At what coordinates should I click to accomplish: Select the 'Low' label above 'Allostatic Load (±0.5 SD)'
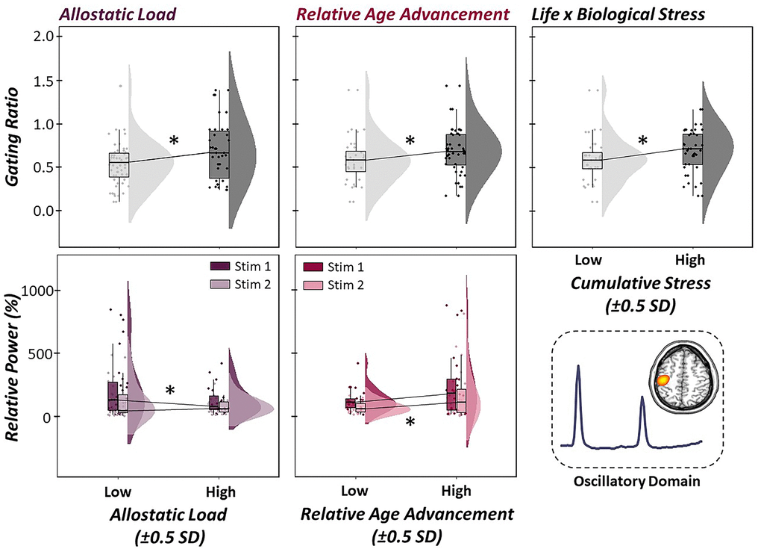click(x=117, y=491)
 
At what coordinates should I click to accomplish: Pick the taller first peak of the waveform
click(x=577, y=368)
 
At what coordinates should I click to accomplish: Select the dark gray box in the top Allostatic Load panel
click(x=219, y=153)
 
